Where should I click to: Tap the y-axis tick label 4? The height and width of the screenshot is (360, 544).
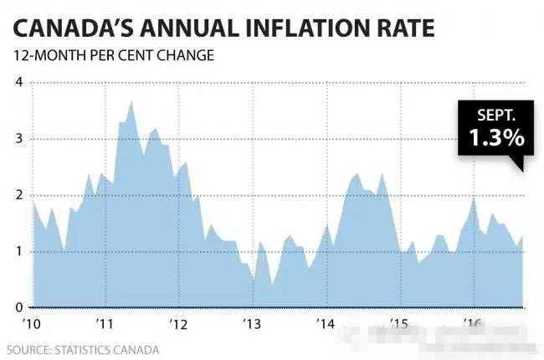coord(18,82)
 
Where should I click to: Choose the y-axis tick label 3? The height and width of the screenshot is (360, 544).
coord(18,139)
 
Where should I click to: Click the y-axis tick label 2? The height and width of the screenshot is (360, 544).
coord(18,195)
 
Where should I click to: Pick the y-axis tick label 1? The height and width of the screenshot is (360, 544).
coord(18,251)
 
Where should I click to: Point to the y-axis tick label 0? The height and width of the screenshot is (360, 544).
coord(18,307)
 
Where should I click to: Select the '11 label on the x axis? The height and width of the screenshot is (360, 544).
coord(105,324)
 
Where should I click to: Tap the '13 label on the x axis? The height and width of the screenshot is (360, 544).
coord(252,324)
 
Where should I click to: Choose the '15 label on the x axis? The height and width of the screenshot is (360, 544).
coord(399,324)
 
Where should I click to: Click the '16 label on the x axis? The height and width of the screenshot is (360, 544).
coord(473,324)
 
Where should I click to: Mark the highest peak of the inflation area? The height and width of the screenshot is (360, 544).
coord(131,101)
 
